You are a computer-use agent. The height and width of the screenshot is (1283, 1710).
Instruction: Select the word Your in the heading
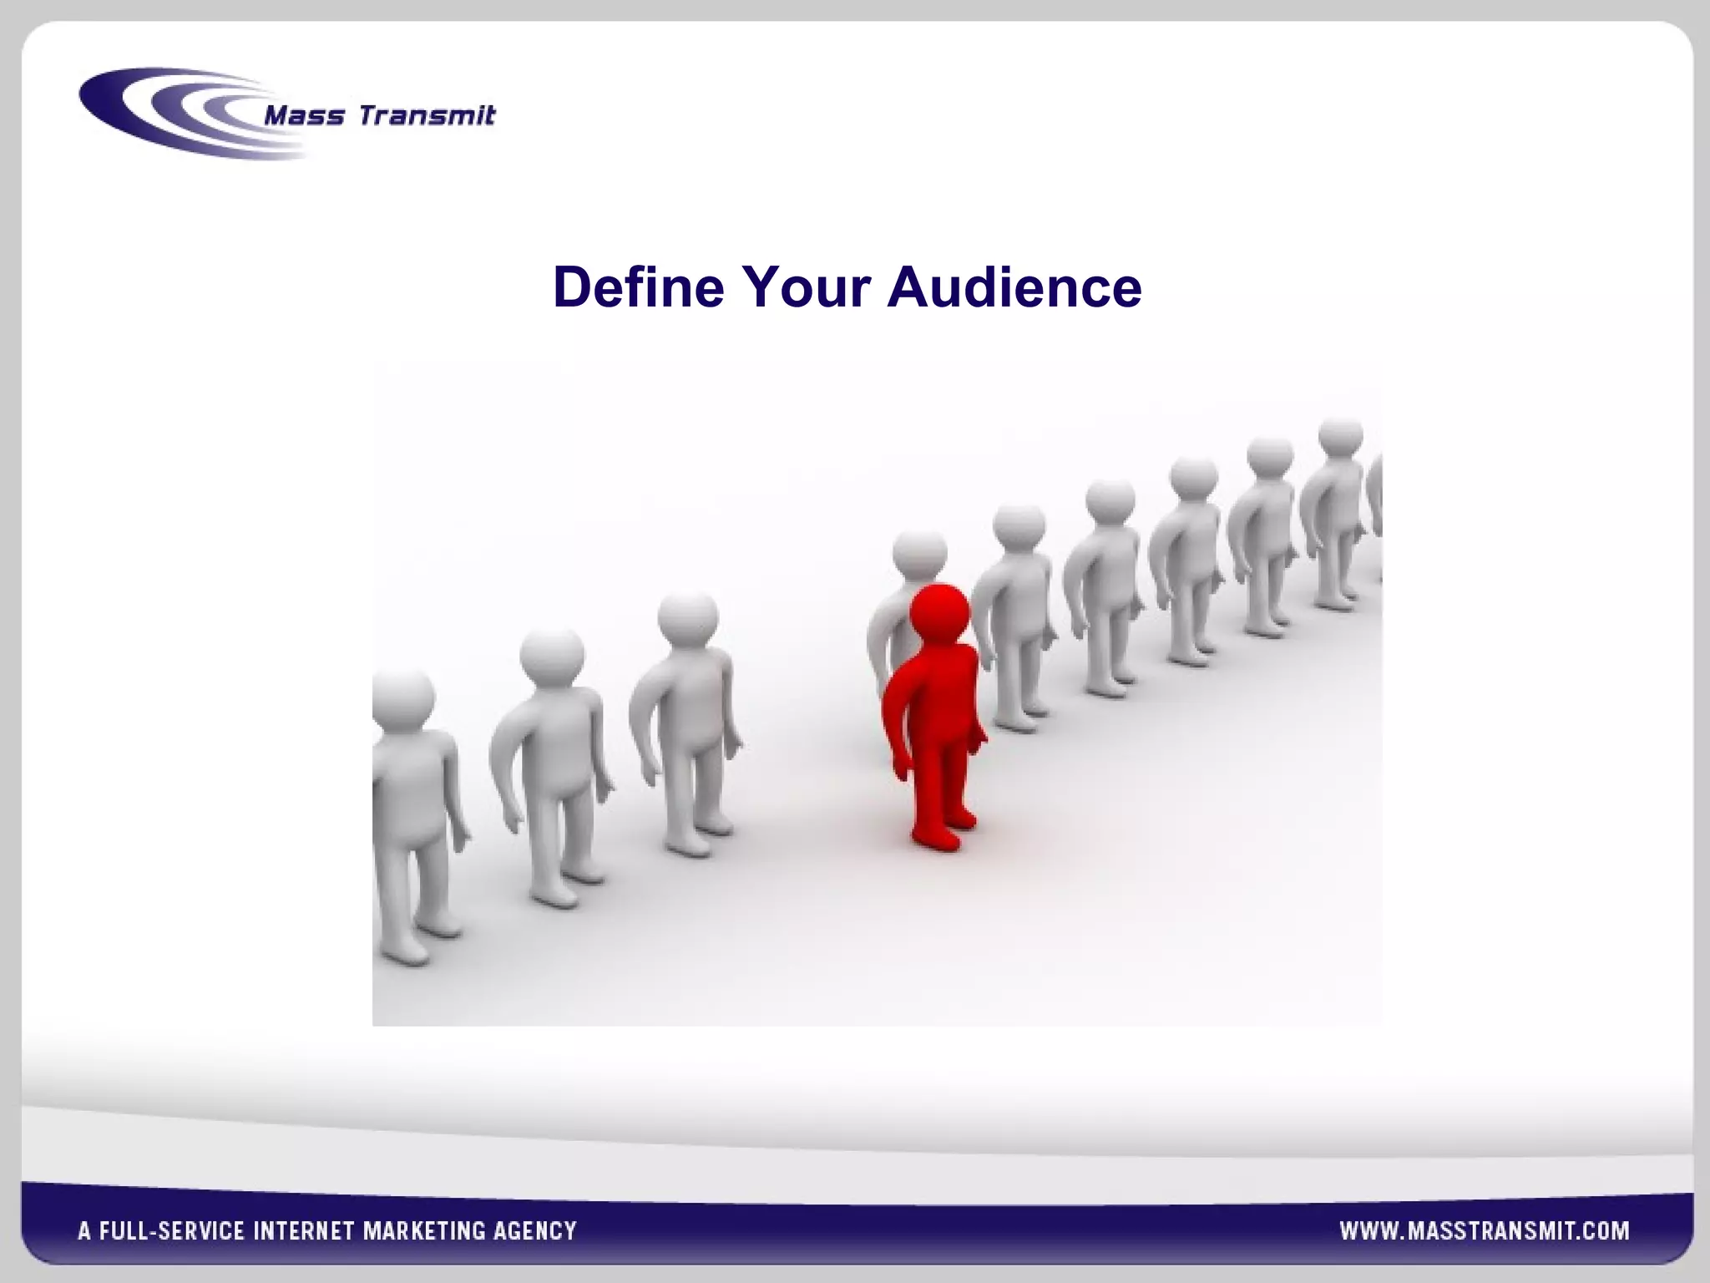(807, 287)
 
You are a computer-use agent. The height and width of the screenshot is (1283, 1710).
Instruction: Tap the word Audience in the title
(1014, 287)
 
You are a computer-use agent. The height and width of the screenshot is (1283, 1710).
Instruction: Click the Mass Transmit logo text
(379, 115)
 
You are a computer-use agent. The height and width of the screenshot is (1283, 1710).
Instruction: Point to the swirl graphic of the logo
(167, 113)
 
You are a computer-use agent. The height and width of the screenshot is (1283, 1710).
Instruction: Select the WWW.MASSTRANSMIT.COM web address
(1484, 1230)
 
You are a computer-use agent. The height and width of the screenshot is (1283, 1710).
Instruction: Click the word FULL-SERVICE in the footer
(171, 1230)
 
